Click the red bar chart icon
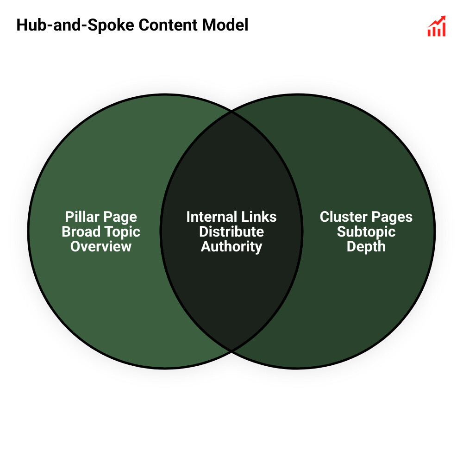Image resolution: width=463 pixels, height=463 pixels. pyautogui.click(x=437, y=27)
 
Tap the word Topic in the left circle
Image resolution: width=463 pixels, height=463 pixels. pyautogui.click(x=121, y=231)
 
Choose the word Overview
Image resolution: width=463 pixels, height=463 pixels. pyautogui.click(x=101, y=246)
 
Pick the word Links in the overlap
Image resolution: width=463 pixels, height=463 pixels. pyautogui.click(x=260, y=217)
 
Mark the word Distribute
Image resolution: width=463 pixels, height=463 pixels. pyautogui.click(x=231, y=231)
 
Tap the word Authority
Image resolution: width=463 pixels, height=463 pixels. pyautogui.click(x=231, y=246)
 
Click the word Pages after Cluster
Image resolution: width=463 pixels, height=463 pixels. pyautogui.click(x=392, y=217)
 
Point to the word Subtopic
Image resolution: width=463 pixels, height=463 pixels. pyautogui.click(x=366, y=231)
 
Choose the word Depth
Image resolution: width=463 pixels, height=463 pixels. pyautogui.click(x=366, y=246)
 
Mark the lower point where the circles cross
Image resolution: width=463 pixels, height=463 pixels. pyautogui.click(x=231, y=350)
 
